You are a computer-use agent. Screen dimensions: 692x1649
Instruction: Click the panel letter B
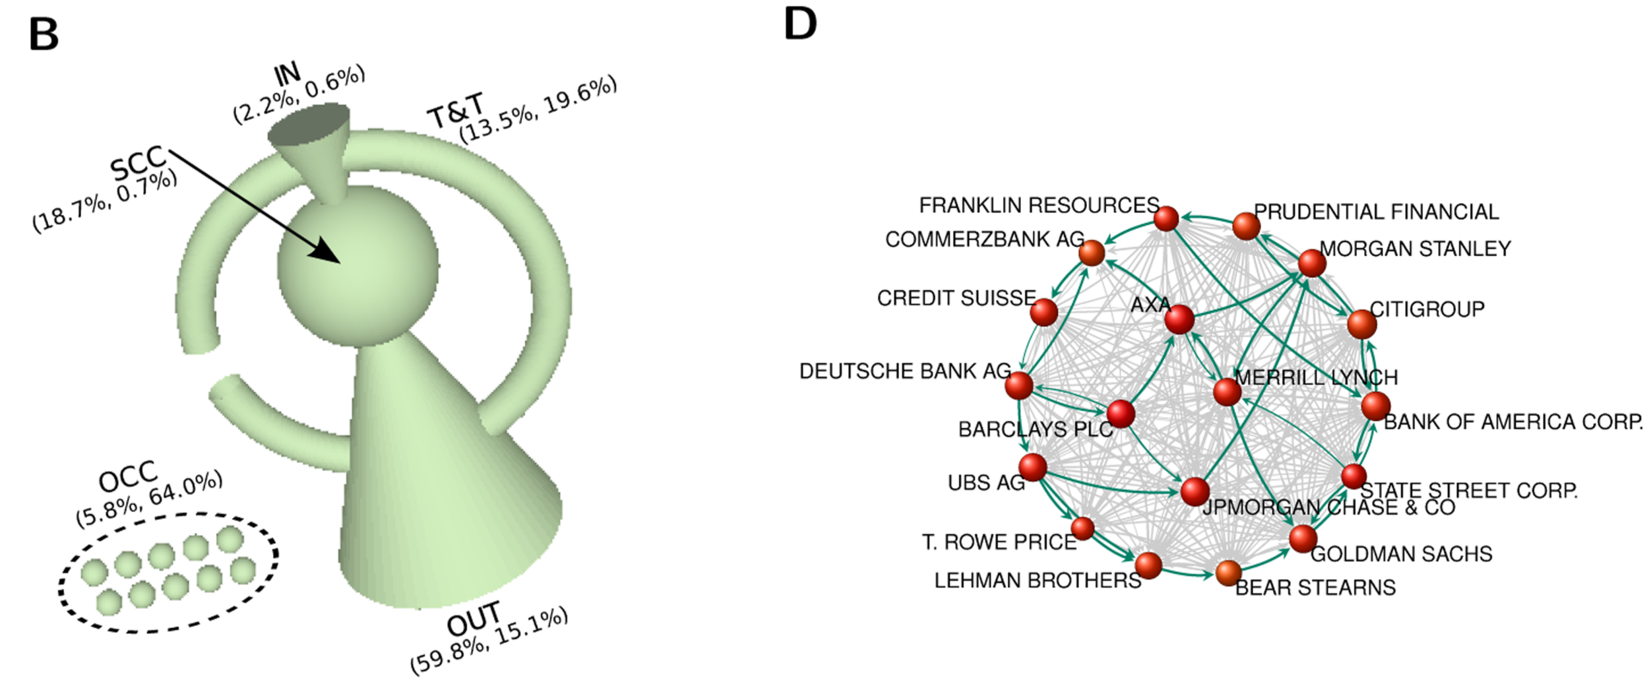pyautogui.click(x=44, y=34)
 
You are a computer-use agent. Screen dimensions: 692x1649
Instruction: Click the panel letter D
pyautogui.click(x=800, y=24)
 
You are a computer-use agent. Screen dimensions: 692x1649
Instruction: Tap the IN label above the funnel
pyautogui.click(x=287, y=75)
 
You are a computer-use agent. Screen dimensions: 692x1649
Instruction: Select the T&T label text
pyautogui.click(x=455, y=112)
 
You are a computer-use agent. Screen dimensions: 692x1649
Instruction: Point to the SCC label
pyautogui.click(x=138, y=162)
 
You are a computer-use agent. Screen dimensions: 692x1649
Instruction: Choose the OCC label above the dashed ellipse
pyautogui.click(x=128, y=475)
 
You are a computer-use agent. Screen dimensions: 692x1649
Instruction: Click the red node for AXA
pyautogui.click(x=1179, y=320)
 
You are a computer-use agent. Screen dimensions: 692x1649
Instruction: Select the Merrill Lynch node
pyautogui.click(x=1227, y=392)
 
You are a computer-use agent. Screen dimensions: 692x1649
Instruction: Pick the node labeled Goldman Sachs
pyautogui.click(x=1303, y=538)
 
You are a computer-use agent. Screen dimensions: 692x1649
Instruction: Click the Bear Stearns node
pyautogui.click(x=1228, y=573)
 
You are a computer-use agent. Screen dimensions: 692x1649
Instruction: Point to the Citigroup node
pyautogui.click(x=1362, y=324)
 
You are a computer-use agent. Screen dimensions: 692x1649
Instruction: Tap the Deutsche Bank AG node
pyautogui.click(x=1018, y=385)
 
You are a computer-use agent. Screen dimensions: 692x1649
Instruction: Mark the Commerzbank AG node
pyautogui.click(x=1092, y=253)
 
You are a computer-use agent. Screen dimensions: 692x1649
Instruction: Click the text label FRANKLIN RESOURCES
pyautogui.click(x=1039, y=205)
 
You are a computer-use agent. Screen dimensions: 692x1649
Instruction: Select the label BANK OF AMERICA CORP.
pyautogui.click(x=1512, y=422)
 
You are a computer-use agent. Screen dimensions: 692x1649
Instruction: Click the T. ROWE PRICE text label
pyautogui.click(x=999, y=542)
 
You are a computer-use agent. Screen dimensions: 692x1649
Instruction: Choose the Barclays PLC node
pyautogui.click(x=1121, y=414)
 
